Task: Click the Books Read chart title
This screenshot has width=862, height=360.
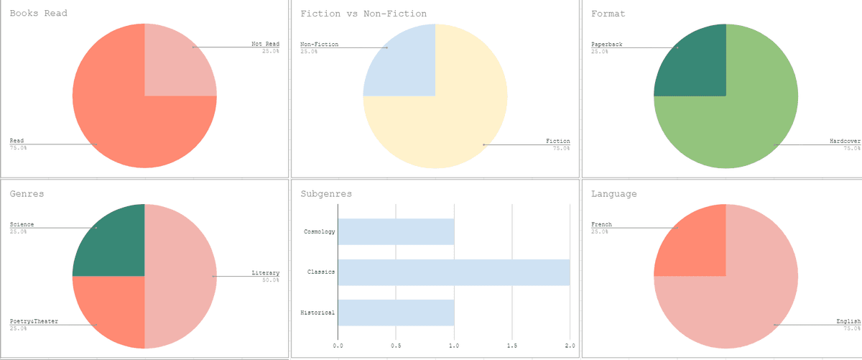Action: coord(38,14)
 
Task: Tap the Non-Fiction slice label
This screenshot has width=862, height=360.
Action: coord(319,45)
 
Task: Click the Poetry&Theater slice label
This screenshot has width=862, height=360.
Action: coord(34,320)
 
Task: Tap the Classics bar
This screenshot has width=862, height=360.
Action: coord(453,272)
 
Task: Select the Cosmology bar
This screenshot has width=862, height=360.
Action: coord(396,231)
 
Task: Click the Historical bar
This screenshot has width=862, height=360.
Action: coord(396,313)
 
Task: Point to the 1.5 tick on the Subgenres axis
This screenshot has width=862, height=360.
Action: coord(511,346)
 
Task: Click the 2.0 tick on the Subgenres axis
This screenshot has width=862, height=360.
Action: coord(570,346)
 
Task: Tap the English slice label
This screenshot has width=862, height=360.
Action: coord(847,320)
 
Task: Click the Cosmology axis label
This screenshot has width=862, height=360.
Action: coord(320,231)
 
